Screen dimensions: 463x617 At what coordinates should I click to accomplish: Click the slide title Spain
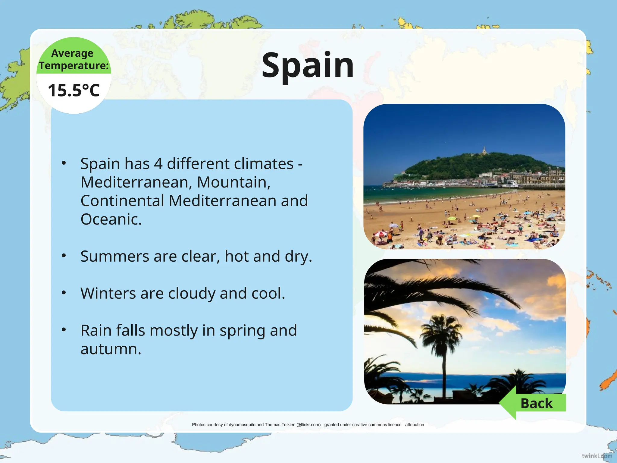coord(307,66)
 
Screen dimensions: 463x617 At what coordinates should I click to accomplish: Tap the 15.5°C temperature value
coord(74,90)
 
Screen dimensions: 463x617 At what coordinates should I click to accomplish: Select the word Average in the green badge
coord(72,53)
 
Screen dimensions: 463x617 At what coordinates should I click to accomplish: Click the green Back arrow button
coord(533,403)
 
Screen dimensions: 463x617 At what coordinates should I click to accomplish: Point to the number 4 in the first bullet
coord(158,164)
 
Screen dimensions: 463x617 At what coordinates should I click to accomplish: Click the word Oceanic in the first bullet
coord(111,219)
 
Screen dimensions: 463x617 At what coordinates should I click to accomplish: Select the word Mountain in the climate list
coord(233,182)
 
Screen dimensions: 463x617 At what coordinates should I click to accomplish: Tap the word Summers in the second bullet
coord(114,256)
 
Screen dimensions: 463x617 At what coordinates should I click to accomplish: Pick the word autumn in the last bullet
coord(111,349)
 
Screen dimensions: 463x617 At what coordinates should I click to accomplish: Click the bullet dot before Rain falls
coord(64,329)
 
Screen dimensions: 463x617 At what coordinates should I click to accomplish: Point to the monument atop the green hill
coord(484,150)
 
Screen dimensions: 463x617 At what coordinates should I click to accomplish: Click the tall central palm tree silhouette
coord(443,347)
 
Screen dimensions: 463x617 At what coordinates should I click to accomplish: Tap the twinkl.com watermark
coord(597,456)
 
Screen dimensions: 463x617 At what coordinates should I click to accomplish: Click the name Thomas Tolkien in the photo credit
coord(280,425)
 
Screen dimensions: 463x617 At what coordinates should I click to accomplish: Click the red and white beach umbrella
coord(380,234)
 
